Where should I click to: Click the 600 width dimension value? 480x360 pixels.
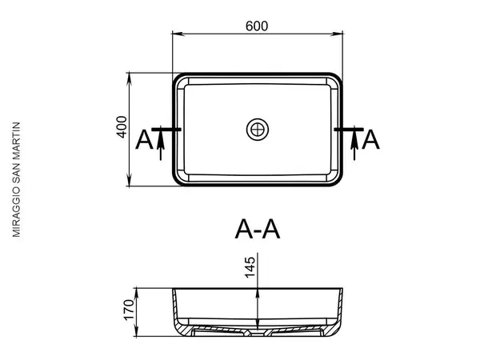[x=257, y=26]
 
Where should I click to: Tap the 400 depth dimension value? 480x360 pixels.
[x=122, y=127]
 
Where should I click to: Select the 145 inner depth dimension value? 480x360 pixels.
[x=250, y=267]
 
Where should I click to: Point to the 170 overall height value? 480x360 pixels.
[x=129, y=310]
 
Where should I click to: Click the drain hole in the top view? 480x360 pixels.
[x=258, y=130]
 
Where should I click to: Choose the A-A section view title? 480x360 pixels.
[x=258, y=229]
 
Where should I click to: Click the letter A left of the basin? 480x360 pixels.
[x=144, y=139]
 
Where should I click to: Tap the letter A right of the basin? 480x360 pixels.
[x=370, y=139]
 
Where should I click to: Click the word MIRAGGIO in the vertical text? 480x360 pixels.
[x=16, y=211]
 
